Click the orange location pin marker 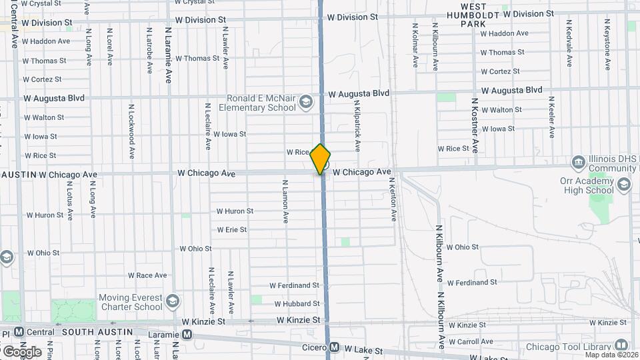(x=321, y=159)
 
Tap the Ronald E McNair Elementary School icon (x=305, y=102)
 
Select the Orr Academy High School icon (x=624, y=185)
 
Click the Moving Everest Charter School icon (x=173, y=301)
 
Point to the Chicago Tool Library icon (x=621, y=346)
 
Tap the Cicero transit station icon (x=334, y=348)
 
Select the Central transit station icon (x=19, y=331)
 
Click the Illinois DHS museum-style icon (x=578, y=162)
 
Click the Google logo (x=22, y=351)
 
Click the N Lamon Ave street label (x=285, y=200)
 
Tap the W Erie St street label (x=231, y=229)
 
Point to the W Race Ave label (x=147, y=275)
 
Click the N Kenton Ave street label (x=393, y=199)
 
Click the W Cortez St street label (x=499, y=71)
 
